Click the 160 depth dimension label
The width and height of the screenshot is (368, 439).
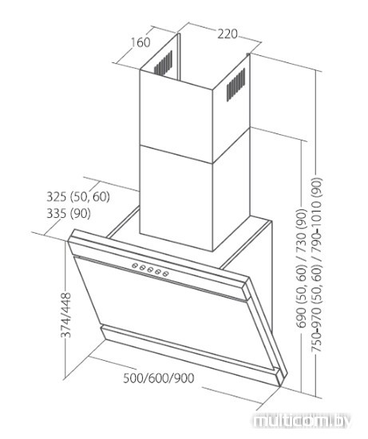tap(140, 42)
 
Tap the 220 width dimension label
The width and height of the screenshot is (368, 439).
tap(228, 34)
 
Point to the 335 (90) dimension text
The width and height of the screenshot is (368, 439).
tap(69, 214)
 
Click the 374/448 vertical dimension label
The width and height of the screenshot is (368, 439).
tap(66, 315)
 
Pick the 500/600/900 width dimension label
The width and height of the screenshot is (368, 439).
tap(159, 378)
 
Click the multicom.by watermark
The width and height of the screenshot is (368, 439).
tap(302, 421)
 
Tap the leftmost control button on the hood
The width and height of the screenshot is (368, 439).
tap(134, 266)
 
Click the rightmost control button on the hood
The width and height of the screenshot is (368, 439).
tap(166, 274)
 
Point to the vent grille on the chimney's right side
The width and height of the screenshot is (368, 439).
tap(235, 85)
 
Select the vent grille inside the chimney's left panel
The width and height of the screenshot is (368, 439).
tap(164, 63)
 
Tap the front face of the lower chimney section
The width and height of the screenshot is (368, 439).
tap(176, 197)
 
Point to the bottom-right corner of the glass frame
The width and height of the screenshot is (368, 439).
tap(280, 386)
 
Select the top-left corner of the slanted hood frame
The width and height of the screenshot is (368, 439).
tap(73, 231)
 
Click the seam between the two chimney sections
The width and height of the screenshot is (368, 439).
tap(176, 154)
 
